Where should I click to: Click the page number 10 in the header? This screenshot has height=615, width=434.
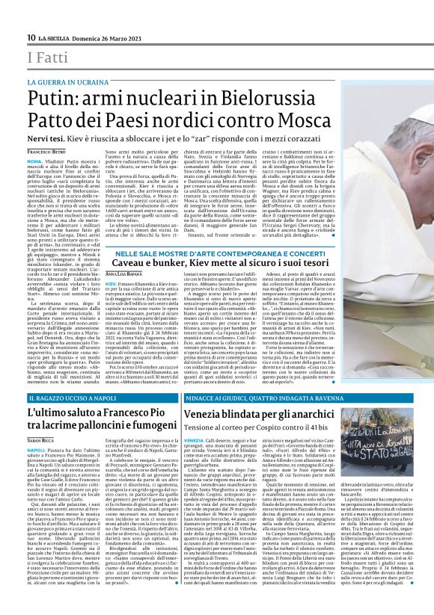[x=31, y=37]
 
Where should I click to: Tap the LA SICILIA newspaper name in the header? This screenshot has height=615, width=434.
[x=58, y=38]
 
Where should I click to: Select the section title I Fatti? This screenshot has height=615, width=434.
[x=46, y=57]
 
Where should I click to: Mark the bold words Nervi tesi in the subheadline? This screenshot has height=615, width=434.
[x=49, y=139]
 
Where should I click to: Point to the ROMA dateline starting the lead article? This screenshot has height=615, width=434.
[x=35, y=161]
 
